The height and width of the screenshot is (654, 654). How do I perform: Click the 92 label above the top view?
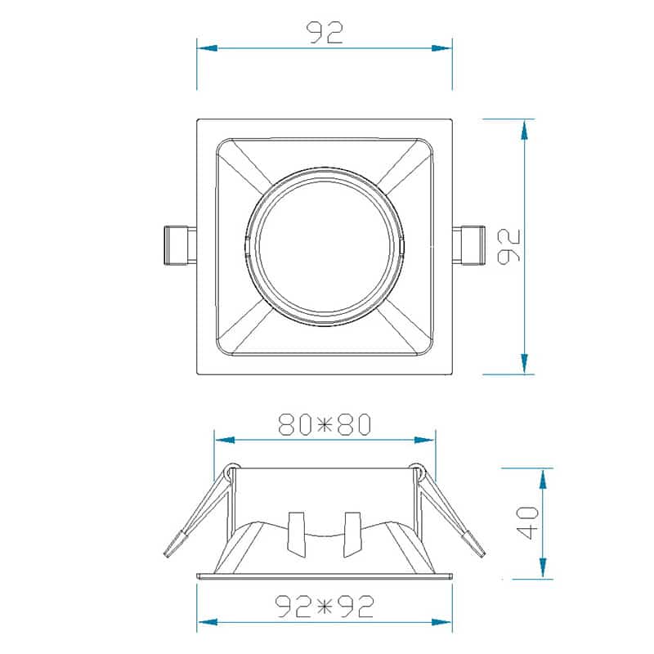coord(325,32)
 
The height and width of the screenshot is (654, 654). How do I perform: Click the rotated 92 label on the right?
coord(510,246)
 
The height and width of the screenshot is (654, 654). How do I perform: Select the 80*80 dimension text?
coord(325,424)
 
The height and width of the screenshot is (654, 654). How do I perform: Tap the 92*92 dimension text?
coord(325,606)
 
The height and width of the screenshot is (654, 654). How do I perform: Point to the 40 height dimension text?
coord(528,522)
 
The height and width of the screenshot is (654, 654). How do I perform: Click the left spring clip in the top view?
coord(180,245)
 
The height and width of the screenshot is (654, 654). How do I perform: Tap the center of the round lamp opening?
coord(325,246)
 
